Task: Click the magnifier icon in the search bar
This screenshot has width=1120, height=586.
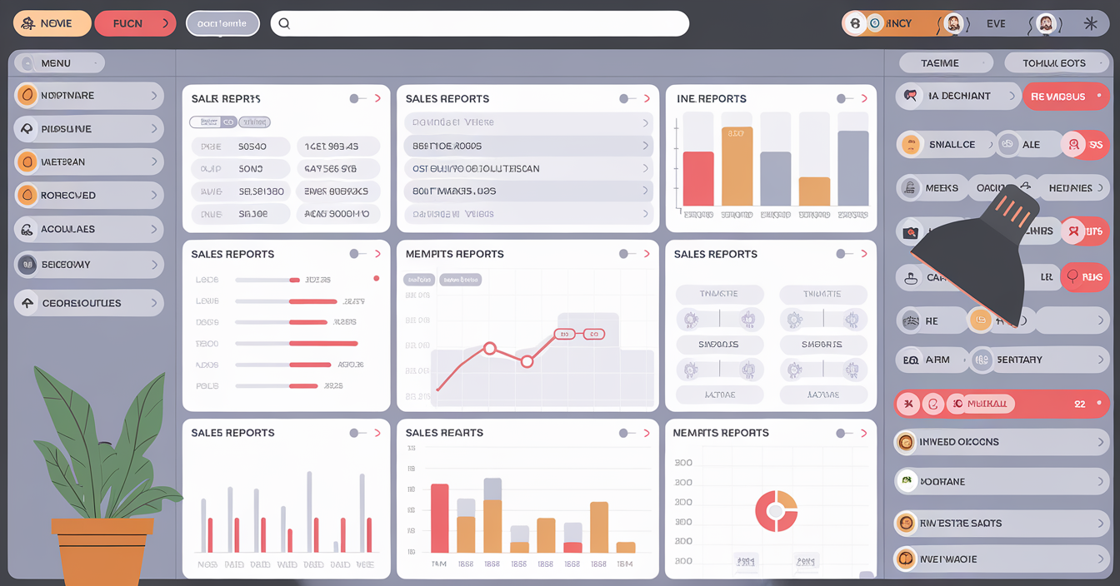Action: point(284,23)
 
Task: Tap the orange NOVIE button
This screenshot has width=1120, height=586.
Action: point(52,23)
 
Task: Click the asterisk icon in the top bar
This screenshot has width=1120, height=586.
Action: point(1090,23)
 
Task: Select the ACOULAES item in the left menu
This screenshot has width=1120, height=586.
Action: point(88,229)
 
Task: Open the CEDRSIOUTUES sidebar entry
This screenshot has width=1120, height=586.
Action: point(88,303)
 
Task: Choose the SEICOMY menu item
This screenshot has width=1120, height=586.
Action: point(88,265)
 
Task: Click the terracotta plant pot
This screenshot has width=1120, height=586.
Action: point(102,549)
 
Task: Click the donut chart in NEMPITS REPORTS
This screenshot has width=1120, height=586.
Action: point(776,510)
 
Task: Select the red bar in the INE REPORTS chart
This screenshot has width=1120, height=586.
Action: point(698,178)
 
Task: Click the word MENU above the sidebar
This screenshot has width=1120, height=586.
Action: point(56,63)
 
